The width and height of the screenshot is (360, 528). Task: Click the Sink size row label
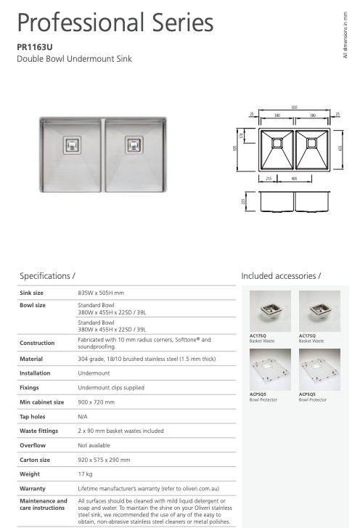[33, 292]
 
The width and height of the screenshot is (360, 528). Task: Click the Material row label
[31, 359]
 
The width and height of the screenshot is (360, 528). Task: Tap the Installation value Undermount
[94, 373]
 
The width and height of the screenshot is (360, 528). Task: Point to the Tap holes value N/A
[83, 416]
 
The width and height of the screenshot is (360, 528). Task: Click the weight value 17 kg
[86, 474]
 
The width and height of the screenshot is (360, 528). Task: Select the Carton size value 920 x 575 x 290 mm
[109, 459]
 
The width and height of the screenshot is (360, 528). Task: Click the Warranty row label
[33, 488]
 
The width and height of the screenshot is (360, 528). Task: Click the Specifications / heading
[48, 277]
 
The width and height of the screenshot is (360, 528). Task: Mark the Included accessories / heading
[280, 277]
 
